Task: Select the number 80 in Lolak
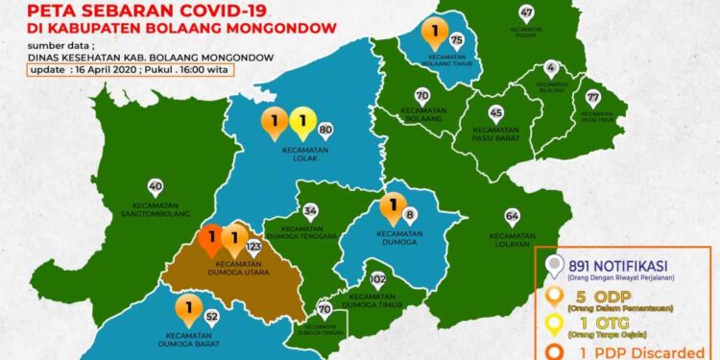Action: (324, 130)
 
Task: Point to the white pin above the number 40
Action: (156, 187)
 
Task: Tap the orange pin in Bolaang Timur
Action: (437, 36)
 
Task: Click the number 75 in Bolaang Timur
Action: (456, 39)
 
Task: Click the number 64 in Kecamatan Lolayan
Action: (512, 215)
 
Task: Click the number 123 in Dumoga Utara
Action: (254, 247)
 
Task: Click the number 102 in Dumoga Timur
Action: (378, 279)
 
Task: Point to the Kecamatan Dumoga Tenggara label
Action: (309, 234)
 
